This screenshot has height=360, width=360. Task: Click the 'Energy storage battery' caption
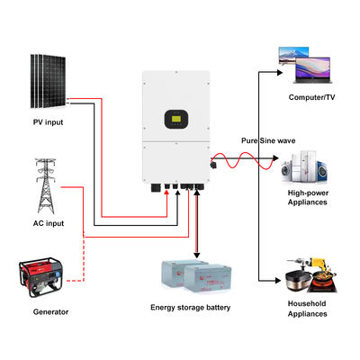tap(190, 308)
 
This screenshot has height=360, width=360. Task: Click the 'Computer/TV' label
tap(310, 96)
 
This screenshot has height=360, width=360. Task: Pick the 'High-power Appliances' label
tap(308, 197)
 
